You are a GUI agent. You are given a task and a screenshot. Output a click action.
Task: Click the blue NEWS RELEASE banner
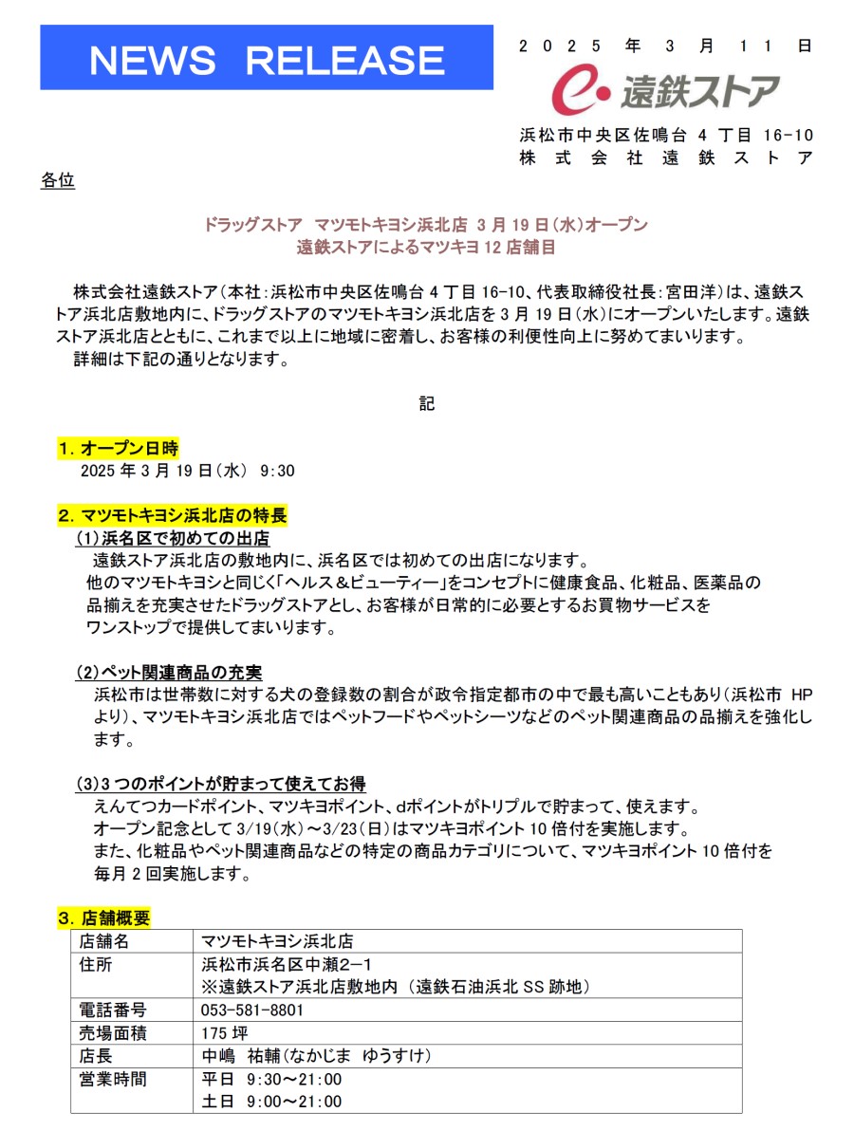[x=267, y=59]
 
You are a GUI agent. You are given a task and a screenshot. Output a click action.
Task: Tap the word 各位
[x=58, y=179]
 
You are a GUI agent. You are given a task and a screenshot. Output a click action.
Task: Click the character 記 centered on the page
[x=427, y=403]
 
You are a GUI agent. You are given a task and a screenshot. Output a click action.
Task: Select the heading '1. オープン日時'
[x=118, y=448]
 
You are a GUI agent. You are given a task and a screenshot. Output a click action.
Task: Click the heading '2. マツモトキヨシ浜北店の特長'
[x=172, y=516]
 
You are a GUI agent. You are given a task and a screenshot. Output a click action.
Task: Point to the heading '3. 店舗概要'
[x=103, y=918]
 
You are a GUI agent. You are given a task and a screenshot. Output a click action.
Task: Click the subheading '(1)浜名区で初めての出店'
[x=172, y=539]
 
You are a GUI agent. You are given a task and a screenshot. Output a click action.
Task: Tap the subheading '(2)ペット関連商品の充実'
[x=169, y=673]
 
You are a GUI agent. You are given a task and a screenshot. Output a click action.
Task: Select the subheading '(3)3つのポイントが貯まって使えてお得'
[x=220, y=784]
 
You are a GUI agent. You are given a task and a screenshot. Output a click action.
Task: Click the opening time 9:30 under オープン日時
[x=277, y=472]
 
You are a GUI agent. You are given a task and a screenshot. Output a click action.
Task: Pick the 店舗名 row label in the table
[x=104, y=941]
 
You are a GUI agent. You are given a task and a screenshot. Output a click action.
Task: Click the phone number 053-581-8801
[x=252, y=1010]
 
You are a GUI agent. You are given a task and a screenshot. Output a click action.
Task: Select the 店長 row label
[x=97, y=1056]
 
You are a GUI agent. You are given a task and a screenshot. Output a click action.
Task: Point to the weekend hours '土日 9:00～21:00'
[x=271, y=1102]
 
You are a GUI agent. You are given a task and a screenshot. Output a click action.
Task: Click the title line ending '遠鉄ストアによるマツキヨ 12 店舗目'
[x=425, y=249]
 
